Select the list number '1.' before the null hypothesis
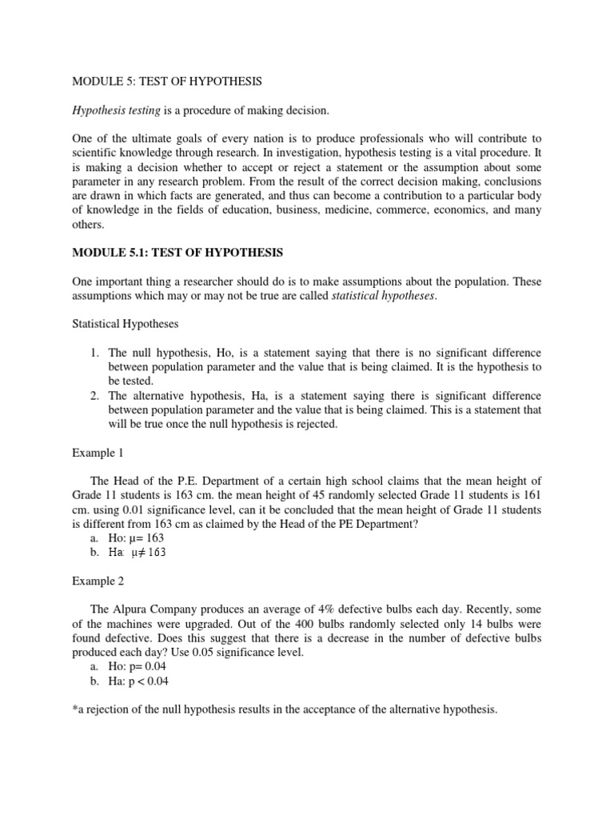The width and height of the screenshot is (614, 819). point(94,353)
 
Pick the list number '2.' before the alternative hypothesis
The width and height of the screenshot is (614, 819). point(94,396)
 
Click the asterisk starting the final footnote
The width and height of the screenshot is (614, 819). point(74,709)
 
